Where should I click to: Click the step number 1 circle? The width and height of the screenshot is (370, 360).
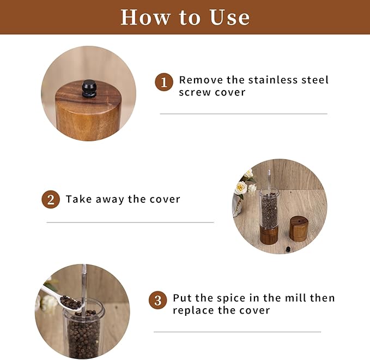164,82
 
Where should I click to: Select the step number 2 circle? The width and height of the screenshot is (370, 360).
51,200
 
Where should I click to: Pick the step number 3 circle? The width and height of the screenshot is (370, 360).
158,300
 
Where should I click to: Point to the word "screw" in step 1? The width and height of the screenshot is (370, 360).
195,92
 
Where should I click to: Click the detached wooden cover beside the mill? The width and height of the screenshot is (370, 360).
299,229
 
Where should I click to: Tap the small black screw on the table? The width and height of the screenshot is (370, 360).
288,249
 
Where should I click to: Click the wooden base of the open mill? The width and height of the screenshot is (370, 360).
269,235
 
